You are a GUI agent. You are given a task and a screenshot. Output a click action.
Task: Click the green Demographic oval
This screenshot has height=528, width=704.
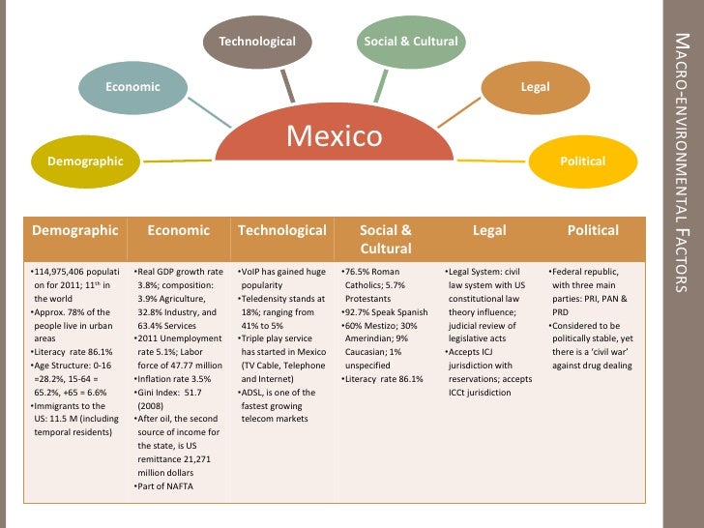[86, 161]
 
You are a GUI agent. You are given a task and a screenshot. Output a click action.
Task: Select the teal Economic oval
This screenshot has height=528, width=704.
[132, 87]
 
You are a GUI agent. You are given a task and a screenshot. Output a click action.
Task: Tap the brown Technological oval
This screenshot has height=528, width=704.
[256, 42]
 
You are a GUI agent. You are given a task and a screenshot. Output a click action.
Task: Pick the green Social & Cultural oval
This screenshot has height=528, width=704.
[410, 42]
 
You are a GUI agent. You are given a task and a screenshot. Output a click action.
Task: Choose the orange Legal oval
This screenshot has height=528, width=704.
[535, 87]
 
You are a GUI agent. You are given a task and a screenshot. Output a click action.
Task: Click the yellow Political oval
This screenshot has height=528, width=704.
[582, 161]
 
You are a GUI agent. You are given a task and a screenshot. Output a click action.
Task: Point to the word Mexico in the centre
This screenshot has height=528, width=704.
[335, 135]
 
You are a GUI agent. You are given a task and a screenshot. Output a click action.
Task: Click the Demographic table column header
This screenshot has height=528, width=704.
[75, 230]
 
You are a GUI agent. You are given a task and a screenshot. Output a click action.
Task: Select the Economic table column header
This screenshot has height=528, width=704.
[179, 230]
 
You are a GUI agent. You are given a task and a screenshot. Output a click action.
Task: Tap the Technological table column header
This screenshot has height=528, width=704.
[282, 230]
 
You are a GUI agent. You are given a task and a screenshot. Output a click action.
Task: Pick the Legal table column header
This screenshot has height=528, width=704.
[489, 230]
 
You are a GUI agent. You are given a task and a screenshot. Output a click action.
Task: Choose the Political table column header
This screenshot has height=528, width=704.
[593, 230]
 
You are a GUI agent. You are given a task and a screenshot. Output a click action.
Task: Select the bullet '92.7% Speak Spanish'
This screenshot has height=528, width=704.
[386, 311]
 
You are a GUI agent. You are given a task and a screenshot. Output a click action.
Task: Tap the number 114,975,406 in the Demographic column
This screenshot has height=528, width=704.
[62, 272]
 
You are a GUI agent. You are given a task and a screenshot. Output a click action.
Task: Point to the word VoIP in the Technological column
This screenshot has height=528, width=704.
[252, 272]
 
